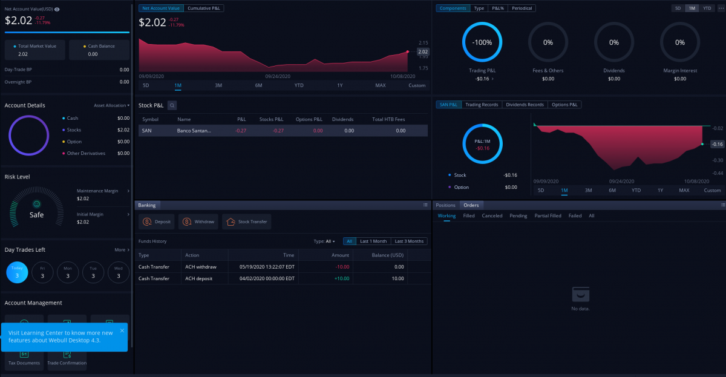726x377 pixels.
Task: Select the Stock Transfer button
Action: (x=246, y=222)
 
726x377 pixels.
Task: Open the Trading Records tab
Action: (x=482, y=105)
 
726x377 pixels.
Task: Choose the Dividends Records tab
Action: (x=525, y=105)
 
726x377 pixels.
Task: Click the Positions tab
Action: (x=445, y=205)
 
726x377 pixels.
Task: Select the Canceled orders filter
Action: (x=492, y=215)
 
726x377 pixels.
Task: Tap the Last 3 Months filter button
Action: (x=409, y=241)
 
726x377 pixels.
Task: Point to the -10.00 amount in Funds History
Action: (x=341, y=267)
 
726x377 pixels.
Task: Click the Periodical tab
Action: (x=522, y=8)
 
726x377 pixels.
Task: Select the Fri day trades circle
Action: (x=42, y=272)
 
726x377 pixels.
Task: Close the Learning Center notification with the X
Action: (x=122, y=330)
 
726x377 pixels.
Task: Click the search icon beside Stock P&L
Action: (x=172, y=105)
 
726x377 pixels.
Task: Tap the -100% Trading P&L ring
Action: (x=482, y=42)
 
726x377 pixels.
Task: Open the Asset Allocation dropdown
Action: (x=111, y=105)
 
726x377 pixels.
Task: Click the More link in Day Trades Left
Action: (x=121, y=249)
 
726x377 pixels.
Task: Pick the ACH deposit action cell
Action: (x=199, y=278)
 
